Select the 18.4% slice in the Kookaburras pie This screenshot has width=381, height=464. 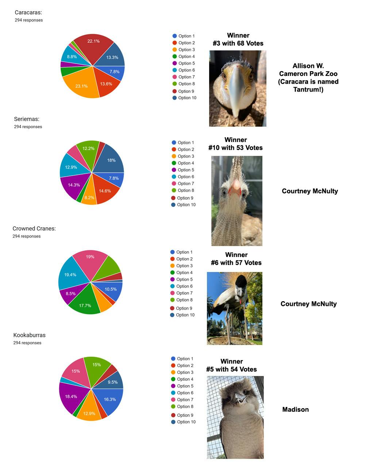pyautogui.click(x=72, y=396)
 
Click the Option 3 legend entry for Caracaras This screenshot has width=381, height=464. pyautogui.click(x=186, y=50)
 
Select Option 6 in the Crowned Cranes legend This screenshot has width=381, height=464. pyautogui.click(x=184, y=286)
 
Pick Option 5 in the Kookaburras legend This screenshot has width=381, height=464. pyautogui.click(x=185, y=386)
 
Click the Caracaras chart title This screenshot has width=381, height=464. pyautogui.click(x=28, y=12)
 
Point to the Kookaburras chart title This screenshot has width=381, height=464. pyautogui.click(x=29, y=335)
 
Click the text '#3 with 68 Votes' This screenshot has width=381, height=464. pyautogui.click(x=238, y=43)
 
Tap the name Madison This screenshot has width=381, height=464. pyautogui.click(x=295, y=410)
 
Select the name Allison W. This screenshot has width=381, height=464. pyautogui.click(x=308, y=66)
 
